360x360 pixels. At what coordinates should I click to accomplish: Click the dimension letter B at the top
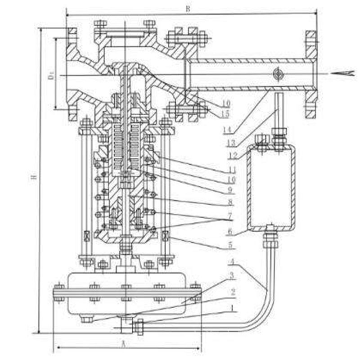pyautogui.click(x=186, y=9)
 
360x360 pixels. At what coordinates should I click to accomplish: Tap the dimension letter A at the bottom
pyautogui.click(x=123, y=343)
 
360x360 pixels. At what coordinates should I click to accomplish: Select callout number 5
pyautogui.click(x=230, y=246)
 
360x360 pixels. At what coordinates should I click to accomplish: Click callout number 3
pyautogui.click(x=232, y=275)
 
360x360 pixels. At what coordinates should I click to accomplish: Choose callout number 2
pyautogui.click(x=232, y=292)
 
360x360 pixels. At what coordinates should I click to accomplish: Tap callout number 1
pyautogui.click(x=231, y=309)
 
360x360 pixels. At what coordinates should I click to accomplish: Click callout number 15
pyautogui.click(x=225, y=114)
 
